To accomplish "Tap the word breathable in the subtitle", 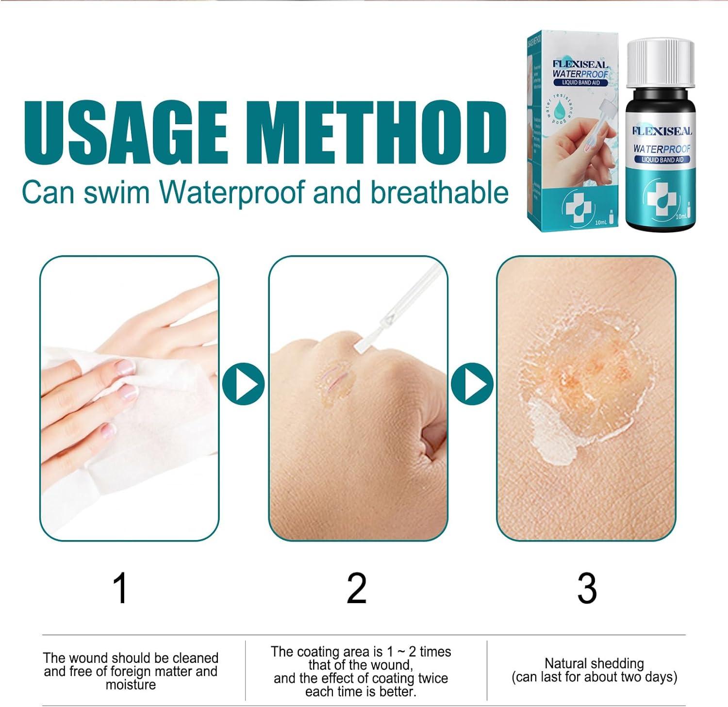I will pos(439,193).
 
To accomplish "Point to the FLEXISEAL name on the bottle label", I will pos(662,131).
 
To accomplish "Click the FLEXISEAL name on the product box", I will pos(580,64).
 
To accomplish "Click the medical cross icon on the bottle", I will pos(661,199).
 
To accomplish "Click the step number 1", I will pos(120,588).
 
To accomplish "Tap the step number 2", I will pos(357,588).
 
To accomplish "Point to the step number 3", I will pos(587,588).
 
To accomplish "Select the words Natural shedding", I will pos(594,663).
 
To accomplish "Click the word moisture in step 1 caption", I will pos(131,685).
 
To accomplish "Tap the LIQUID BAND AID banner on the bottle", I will pos(662,160).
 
